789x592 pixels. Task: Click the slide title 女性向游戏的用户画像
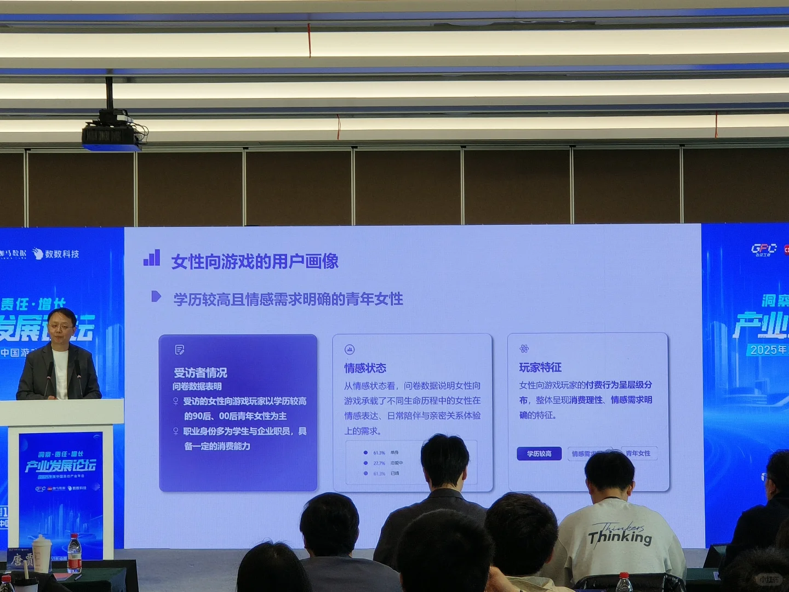(x=255, y=261)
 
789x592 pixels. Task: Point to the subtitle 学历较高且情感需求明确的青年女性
(x=288, y=299)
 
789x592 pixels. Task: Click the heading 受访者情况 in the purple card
(x=201, y=373)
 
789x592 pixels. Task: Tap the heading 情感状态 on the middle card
(x=365, y=368)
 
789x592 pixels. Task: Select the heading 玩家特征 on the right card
(x=540, y=367)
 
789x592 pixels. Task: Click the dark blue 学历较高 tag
(x=539, y=453)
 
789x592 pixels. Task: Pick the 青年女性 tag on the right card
(x=638, y=453)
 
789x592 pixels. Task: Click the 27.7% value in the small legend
(x=379, y=463)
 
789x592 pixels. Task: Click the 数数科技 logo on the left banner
(x=56, y=254)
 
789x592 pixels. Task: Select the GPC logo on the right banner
(x=764, y=249)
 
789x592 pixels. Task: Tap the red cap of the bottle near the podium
(x=74, y=538)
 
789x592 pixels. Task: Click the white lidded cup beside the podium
(x=42, y=554)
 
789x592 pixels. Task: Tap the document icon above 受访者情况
(x=179, y=350)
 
